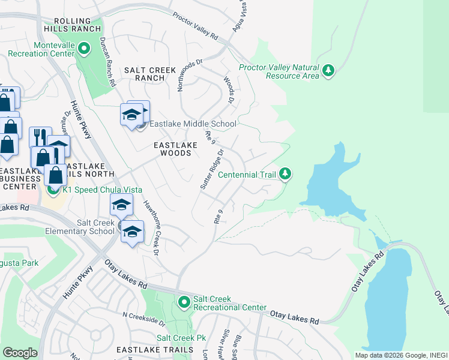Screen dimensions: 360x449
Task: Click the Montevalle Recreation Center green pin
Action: point(85,47)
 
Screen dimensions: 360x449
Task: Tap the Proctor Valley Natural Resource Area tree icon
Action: point(328,71)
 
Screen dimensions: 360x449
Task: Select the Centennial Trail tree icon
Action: point(285,174)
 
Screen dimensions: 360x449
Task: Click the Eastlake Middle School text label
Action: point(193,124)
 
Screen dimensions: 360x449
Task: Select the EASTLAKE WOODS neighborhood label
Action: point(172,149)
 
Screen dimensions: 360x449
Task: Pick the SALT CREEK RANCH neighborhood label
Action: point(144,74)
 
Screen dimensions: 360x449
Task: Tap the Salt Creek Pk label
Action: point(181,338)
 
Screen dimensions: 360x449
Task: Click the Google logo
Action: point(20,353)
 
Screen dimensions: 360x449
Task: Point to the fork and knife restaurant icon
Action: point(40,136)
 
